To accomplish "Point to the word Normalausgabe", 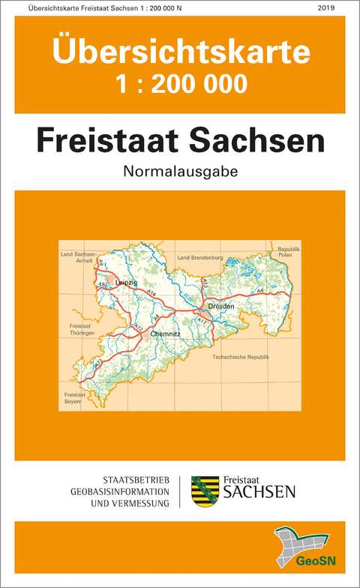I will pyautogui.click(x=180, y=171).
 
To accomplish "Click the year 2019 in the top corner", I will pyautogui.click(x=326, y=8).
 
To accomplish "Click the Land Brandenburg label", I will pyautogui.click(x=200, y=258).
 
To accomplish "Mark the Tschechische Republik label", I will pyautogui.click(x=241, y=358).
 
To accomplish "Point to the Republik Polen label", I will pyautogui.click(x=289, y=251).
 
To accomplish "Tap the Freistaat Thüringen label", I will pyautogui.click(x=79, y=331).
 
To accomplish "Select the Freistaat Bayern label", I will pyautogui.click(x=74, y=398).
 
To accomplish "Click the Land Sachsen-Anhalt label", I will pyautogui.click(x=78, y=259).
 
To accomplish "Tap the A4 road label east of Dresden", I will pyautogui.click(x=260, y=290).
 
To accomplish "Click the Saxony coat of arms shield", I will pyautogui.click(x=205, y=491).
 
